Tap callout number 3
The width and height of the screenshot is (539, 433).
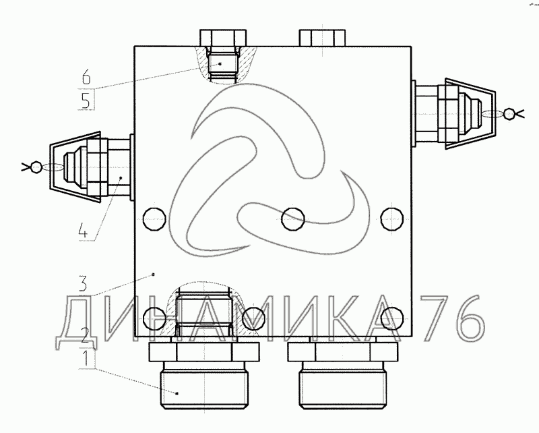[x=82, y=283]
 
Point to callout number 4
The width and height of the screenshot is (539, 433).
[x=83, y=230]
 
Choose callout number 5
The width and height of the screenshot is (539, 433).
[x=86, y=100]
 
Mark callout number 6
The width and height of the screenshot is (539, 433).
[x=86, y=76]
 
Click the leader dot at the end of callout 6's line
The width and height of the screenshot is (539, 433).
[x=220, y=63]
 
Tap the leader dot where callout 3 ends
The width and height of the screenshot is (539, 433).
[x=154, y=275]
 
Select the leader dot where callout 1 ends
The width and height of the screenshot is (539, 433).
[x=177, y=393]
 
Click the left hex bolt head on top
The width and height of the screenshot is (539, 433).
[x=223, y=38]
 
